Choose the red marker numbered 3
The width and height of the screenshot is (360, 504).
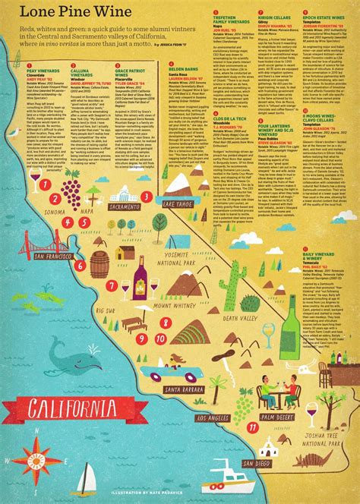[x=144, y=196]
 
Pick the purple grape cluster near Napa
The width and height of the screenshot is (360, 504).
[x=71, y=185]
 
